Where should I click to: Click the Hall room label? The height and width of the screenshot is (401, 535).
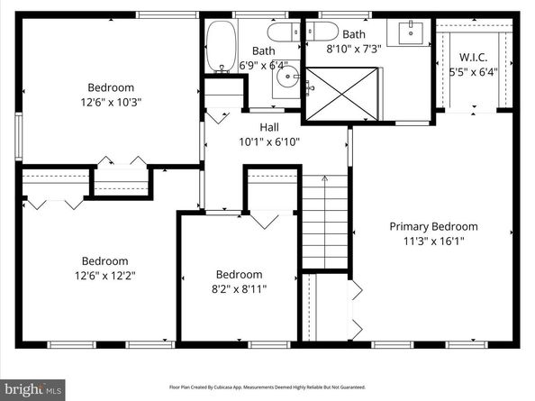click(x=268, y=127)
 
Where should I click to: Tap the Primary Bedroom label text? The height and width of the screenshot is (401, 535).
click(x=433, y=226)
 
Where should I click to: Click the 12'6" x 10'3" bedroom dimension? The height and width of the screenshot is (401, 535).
click(x=109, y=102)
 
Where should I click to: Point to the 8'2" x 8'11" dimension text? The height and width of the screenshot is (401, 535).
click(x=239, y=288)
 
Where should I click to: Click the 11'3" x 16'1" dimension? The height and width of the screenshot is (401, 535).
click(x=433, y=241)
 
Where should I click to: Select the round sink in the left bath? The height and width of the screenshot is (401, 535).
click(x=288, y=78)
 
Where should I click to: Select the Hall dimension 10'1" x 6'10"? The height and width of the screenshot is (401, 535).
click(x=268, y=141)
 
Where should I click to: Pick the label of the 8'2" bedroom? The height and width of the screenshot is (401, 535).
click(x=239, y=274)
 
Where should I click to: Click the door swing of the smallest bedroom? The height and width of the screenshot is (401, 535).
click(x=263, y=219)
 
